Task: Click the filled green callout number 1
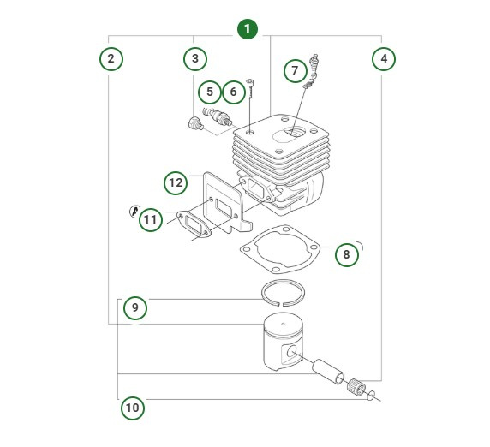click(x=247, y=29)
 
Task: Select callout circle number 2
click(x=111, y=59)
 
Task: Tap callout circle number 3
click(x=195, y=59)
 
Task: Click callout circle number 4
click(x=383, y=59)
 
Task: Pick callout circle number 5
click(x=209, y=91)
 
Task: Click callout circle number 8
click(x=345, y=254)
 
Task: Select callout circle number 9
click(x=135, y=307)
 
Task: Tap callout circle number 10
click(x=132, y=408)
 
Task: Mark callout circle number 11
click(x=150, y=219)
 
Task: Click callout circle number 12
click(x=176, y=182)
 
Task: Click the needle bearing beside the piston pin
click(x=356, y=387)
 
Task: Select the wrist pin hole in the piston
click(x=295, y=352)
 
